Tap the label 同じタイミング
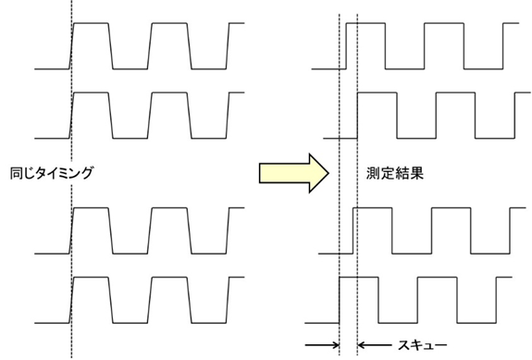[52, 173]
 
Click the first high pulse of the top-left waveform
[92, 23]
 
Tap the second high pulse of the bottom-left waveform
[169, 278]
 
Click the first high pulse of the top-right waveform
[365, 23]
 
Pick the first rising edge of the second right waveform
[357, 115]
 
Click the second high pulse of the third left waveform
[169, 208]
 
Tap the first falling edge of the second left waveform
[111, 115]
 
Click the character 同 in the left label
[16, 173]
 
